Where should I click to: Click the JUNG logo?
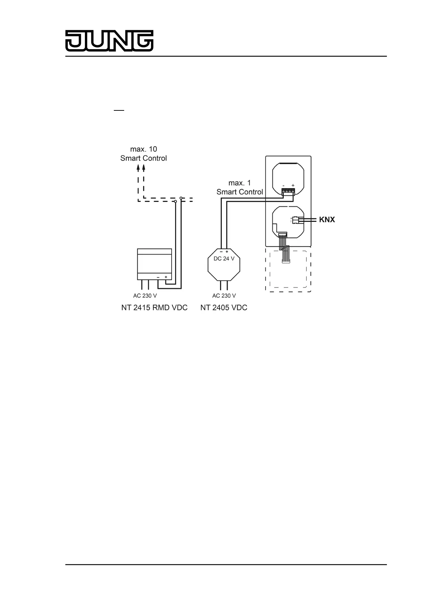pos(109,41)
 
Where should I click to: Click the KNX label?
pos(327,219)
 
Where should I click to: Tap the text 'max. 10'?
pos(143,149)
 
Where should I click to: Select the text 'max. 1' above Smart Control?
pos(240,183)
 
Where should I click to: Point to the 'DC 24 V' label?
pos(224,259)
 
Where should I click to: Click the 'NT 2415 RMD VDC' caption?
pos(154,308)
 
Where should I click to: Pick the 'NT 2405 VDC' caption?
pos(224,308)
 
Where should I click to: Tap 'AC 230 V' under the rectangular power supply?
pos(145,296)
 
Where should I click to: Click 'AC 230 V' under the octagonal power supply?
pos(224,296)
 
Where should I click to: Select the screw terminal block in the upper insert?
pos(288,192)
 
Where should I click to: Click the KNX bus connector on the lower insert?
pos(295,219)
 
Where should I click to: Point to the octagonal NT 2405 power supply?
pos(224,265)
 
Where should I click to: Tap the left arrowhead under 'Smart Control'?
pos(138,168)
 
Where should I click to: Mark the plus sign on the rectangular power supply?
pos(166,277)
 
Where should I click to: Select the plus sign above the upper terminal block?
pos(293,185)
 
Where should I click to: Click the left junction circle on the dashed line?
pos(175,201)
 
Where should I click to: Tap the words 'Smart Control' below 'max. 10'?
pos(143,158)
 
